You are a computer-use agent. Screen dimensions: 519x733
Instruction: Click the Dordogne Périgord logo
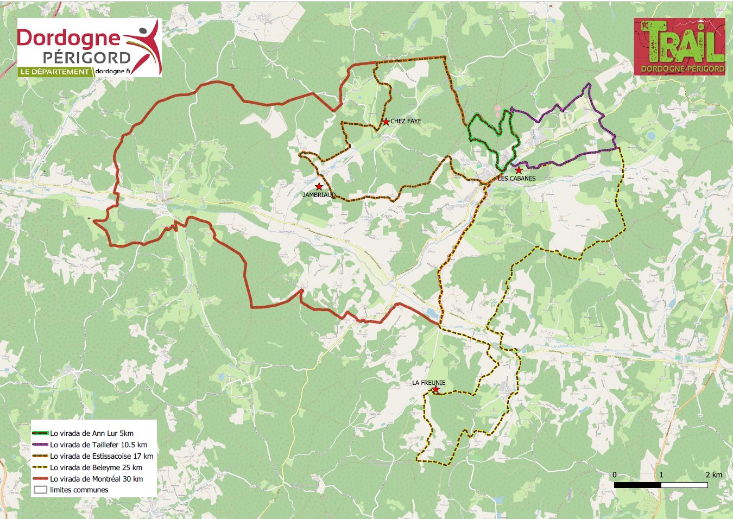tap(89, 47)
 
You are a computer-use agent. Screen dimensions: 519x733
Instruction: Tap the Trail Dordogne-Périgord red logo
tap(679, 47)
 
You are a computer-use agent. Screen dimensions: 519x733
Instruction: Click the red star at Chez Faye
tap(386, 122)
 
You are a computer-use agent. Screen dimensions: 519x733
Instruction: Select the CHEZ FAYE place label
tap(406, 121)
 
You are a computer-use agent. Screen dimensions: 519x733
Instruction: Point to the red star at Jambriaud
tap(319, 187)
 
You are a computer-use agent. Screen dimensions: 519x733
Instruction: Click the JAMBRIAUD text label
tap(318, 195)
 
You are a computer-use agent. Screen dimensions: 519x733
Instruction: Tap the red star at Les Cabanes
tap(519, 170)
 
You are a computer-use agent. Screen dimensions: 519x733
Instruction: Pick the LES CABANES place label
tap(517, 178)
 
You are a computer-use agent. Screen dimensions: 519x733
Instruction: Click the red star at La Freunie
tap(435, 389)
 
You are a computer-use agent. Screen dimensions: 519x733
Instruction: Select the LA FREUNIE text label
tap(428, 383)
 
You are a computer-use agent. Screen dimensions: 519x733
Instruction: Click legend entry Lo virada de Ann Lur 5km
tap(91, 433)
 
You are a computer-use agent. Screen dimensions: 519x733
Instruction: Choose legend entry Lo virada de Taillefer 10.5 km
tap(98, 445)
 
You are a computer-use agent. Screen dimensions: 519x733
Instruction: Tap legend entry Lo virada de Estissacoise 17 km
tap(102, 456)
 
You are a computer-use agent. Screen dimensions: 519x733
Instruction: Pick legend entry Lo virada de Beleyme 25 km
tap(96, 467)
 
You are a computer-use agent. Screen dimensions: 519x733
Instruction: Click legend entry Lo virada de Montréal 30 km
tap(97, 479)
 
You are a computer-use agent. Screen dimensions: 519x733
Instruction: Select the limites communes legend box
tap(40, 490)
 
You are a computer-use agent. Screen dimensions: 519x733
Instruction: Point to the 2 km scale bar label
tap(713, 474)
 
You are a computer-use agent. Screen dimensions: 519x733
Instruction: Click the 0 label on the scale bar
tap(615, 474)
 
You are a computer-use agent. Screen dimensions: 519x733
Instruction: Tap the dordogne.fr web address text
tap(112, 71)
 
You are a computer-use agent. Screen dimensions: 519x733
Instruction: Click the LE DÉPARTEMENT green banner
tap(54, 72)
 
